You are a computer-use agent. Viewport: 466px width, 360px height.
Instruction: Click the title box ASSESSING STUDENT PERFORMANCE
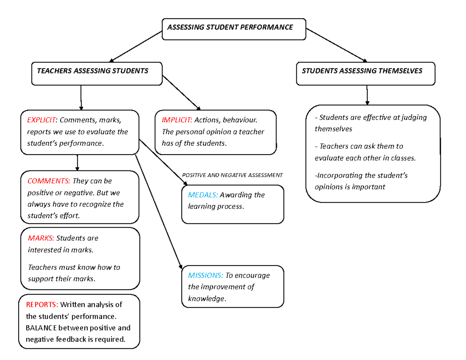tap(234, 28)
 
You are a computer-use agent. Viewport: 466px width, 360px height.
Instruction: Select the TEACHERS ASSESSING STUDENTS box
tap(96, 74)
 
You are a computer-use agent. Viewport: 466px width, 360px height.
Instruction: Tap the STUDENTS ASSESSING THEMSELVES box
tap(365, 74)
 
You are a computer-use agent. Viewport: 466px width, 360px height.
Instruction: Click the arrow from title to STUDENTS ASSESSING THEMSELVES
tap(336, 45)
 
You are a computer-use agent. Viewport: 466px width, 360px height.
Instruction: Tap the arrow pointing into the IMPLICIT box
tap(181, 92)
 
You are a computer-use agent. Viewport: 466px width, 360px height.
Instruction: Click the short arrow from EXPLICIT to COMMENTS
tap(77, 162)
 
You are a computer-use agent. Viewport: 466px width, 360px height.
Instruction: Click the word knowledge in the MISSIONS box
tap(206, 299)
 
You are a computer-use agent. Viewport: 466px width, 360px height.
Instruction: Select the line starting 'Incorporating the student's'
tap(361, 176)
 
